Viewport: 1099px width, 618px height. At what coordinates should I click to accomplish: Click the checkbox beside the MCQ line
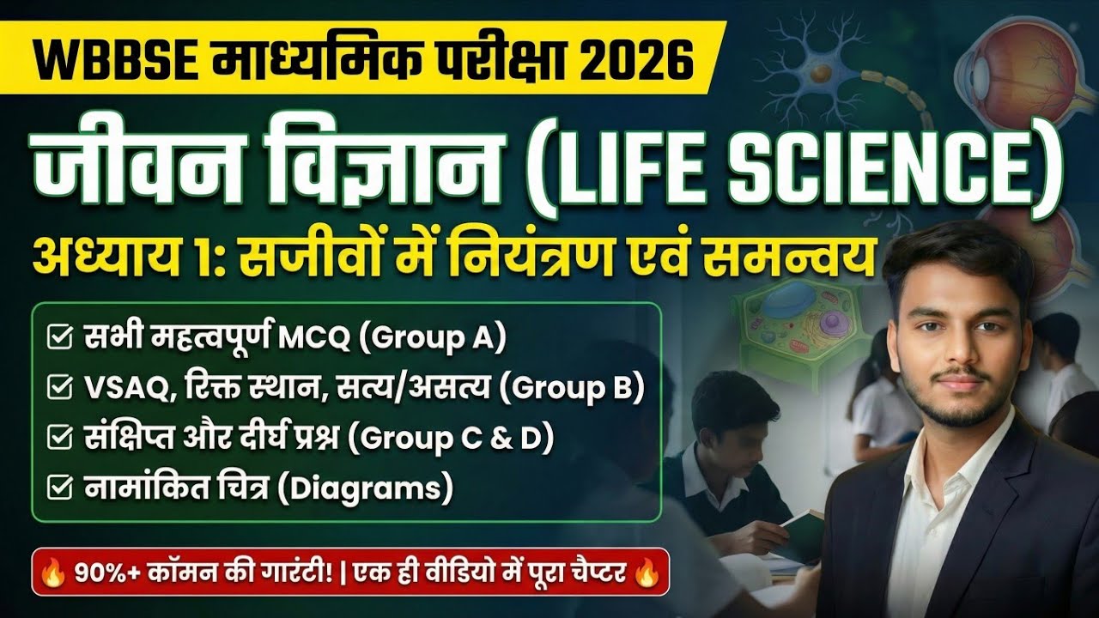(59, 338)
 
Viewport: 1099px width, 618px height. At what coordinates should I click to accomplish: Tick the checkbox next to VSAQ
(59, 389)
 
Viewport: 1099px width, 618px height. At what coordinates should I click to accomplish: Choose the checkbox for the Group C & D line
(59, 439)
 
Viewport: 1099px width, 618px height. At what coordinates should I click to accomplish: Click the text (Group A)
(433, 338)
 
